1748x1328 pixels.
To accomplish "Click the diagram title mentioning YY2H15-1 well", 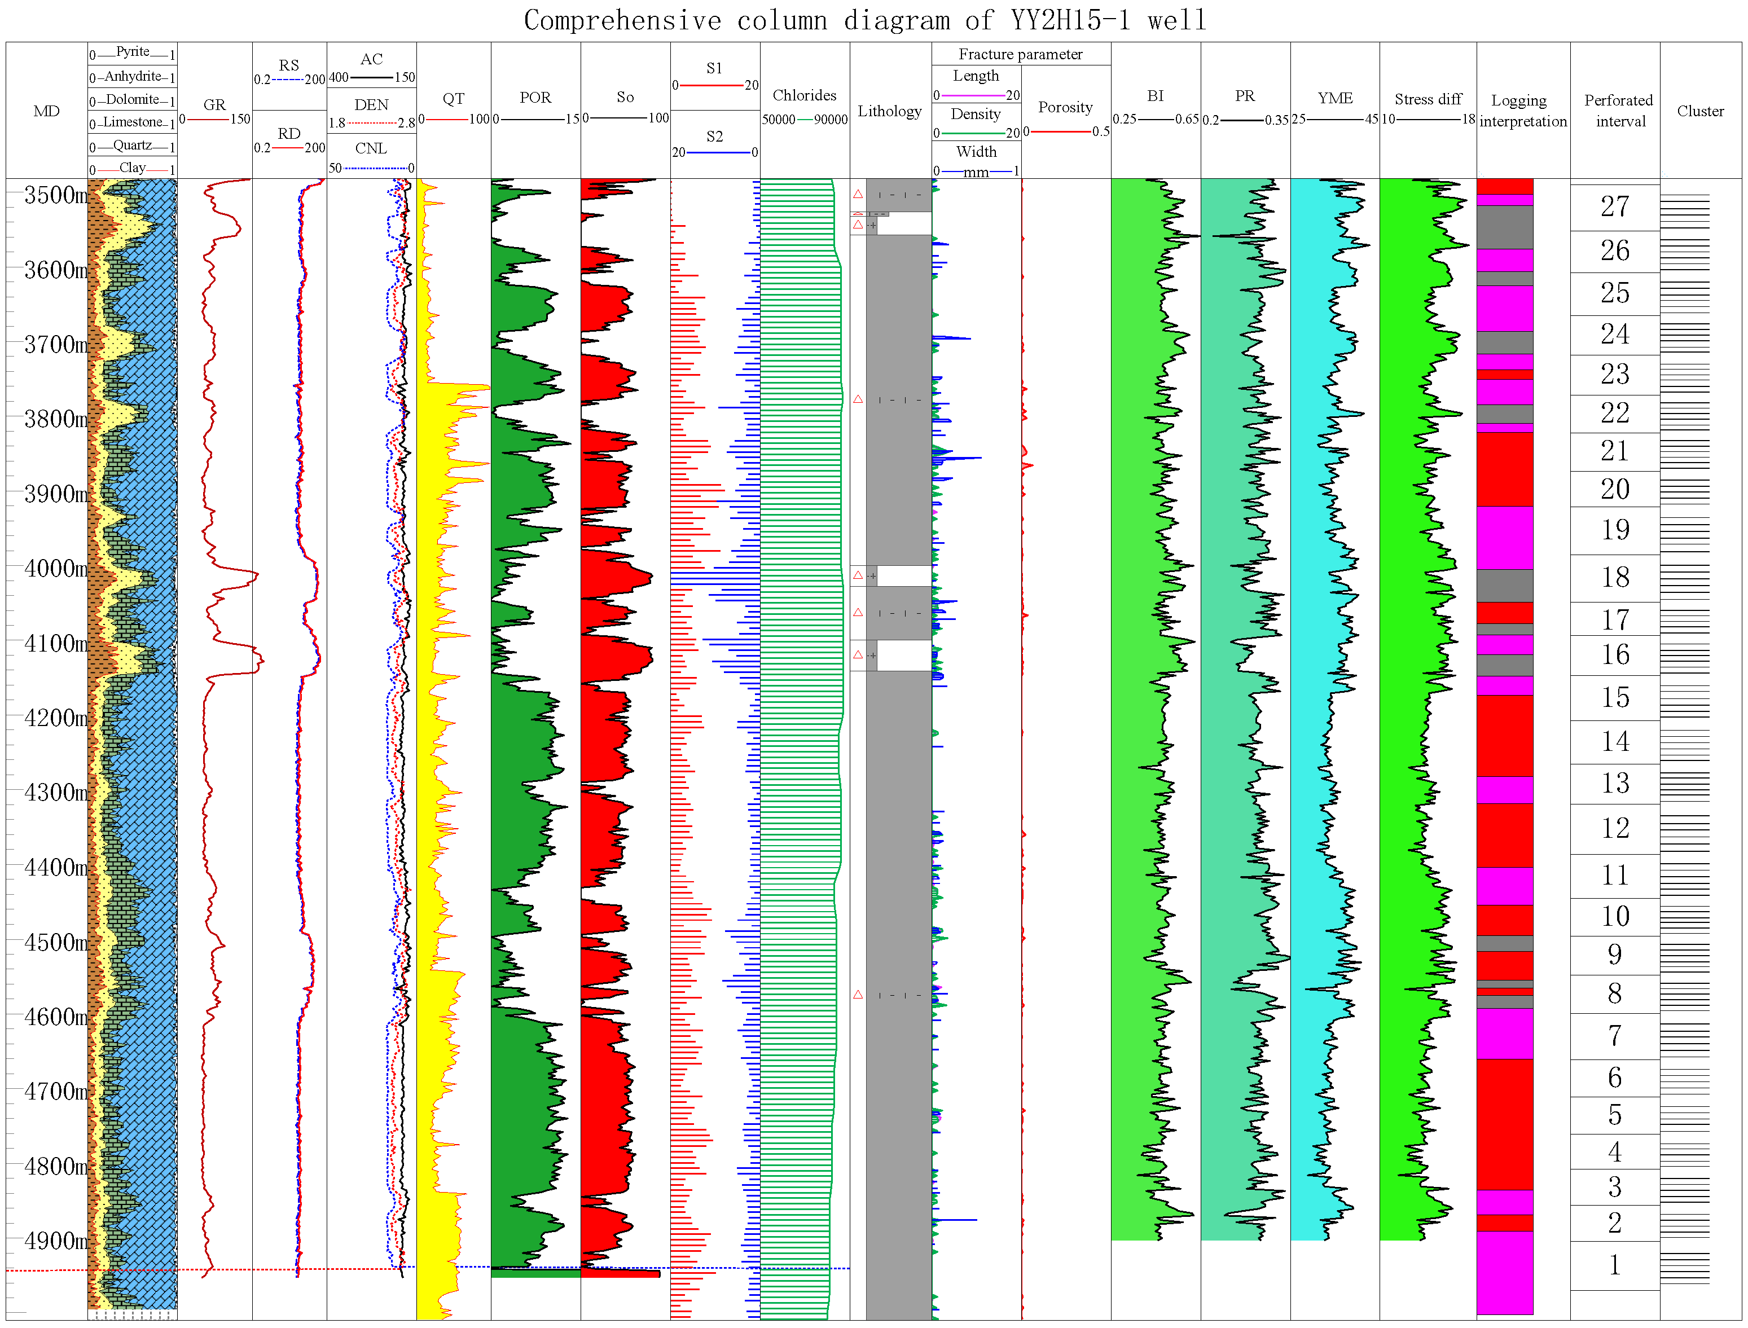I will [865, 20].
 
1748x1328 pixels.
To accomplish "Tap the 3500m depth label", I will [55, 195].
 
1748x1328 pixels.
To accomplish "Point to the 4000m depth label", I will [55, 568].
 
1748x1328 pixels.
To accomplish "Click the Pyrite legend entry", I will [132, 52].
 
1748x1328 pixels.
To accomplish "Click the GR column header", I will [214, 104].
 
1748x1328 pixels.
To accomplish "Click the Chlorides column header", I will [804, 96].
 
